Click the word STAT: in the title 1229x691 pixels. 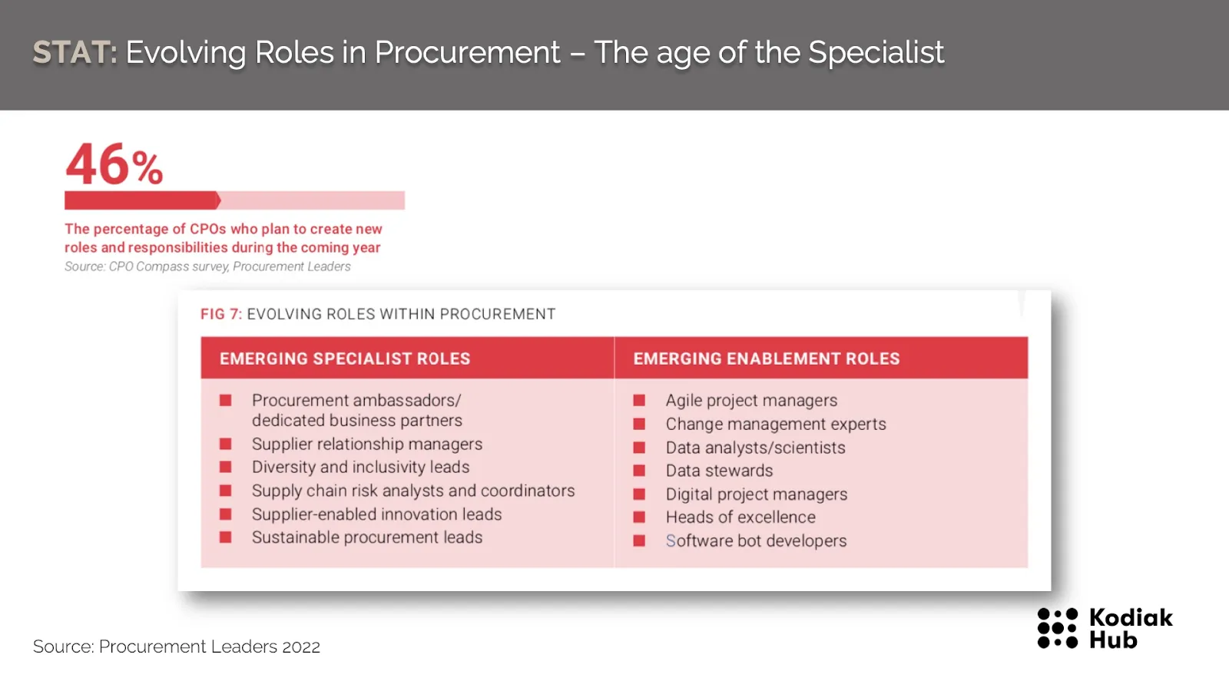point(75,53)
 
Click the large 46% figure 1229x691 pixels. point(114,164)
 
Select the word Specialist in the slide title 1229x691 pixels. point(876,54)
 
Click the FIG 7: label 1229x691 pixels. point(220,314)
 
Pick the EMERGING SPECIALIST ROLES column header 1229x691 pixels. point(345,359)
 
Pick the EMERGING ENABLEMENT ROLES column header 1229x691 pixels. point(767,359)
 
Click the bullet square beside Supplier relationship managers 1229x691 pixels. point(226,444)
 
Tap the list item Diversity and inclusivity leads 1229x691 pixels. point(360,468)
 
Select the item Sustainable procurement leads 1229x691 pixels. point(367,537)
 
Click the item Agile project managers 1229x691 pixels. point(751,401)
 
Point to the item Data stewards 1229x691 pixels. point(719,471)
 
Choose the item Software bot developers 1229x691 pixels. point(756,541)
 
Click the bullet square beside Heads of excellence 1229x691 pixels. point(639,517)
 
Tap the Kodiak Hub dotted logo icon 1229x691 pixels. point(1057,628)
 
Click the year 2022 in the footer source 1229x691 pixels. point(300,647)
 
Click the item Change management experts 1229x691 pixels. point(776,425)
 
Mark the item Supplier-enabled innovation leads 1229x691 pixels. point(376,514)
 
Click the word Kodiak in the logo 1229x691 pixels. point(1131,618)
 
